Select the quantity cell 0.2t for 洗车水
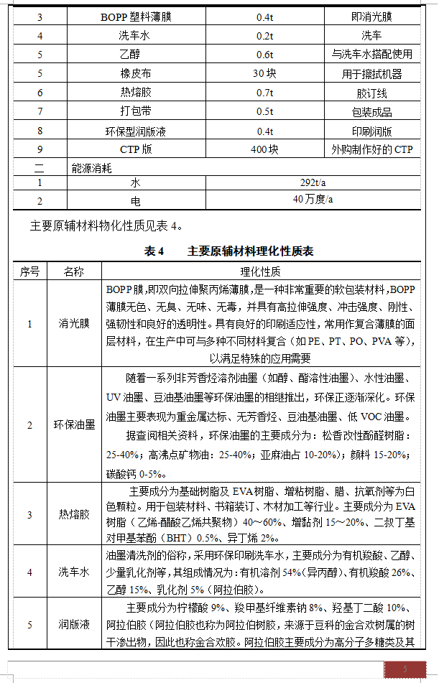[x=264, y=34]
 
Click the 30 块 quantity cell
[x=264, y=73]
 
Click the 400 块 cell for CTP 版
[x=264, y=150]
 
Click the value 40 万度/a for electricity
[x=313, y=199]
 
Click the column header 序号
[x=29, y=271]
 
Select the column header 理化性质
[x=260, y=271]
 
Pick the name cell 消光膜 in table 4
[x=74, y=324]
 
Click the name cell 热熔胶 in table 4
[x=74, y=514]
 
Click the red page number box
[x=404, y=670]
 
